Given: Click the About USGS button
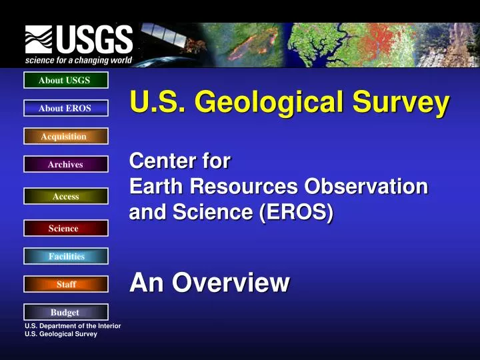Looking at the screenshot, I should pyautogui.click(x=65, y=81).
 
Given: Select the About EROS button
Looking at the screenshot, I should pyautogui.click(x=65, y=109).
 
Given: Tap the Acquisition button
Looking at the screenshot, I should pyautogui.click(x=65, y=137).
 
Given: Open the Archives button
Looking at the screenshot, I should pyautogui.click(x=65, y=165).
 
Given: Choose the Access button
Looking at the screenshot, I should pyautogui.click(x=65, y=196).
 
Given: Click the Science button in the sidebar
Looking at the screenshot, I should pyautogui.click(x=65, y=229).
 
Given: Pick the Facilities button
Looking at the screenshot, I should pyautogui.click(x=65, y=256).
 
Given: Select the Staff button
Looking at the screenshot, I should pyautogui.click(x=65, y=285).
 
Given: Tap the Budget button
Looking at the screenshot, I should pyautogui.click(x=65, y=312).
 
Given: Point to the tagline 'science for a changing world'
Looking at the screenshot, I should pyautogui.click(x=79, y=60).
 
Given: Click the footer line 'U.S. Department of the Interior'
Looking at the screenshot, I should pyautogui.click(x=73, y=326).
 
